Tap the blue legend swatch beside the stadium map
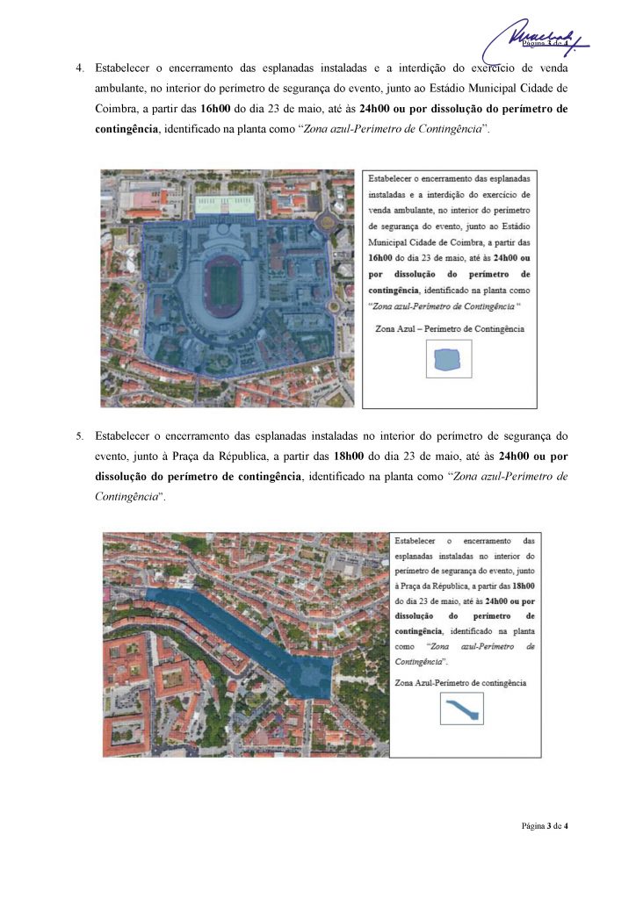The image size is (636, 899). click(449, 358)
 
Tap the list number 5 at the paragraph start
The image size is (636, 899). click(79, 435)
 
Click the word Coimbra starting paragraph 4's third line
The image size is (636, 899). click(115, 110)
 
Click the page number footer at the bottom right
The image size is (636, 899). click(545, 826)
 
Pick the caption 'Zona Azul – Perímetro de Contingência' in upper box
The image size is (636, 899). click(449, 328)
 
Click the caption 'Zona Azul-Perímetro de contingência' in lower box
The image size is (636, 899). click(461, 681)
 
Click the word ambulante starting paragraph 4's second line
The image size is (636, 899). click(124, 89)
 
